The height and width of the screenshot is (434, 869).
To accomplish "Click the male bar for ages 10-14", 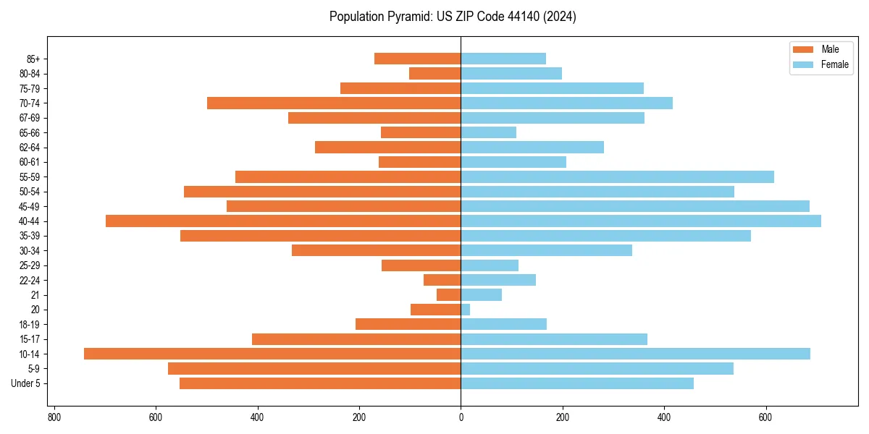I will click(272, 354).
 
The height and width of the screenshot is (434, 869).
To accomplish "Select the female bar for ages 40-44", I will click(641, 221).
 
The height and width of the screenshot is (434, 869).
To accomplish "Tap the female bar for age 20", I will click(466, 310).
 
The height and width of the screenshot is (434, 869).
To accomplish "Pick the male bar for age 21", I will click(449, 294).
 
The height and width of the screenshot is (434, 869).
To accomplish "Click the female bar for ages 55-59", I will click(617, 176).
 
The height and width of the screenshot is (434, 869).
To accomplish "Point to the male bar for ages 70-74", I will click(334, 103).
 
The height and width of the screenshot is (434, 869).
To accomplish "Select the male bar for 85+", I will click(418, 59).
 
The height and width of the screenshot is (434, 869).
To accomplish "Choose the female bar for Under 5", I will click(577, 383).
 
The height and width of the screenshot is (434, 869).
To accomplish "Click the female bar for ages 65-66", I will click(489, 132).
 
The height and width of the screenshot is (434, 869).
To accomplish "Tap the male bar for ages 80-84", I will click(435, 73).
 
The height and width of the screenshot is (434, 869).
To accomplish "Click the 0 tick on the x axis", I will click(461, 417).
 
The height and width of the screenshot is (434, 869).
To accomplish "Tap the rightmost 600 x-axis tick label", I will click(765, 417).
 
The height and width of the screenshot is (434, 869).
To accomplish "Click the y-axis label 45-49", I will click(30, 206).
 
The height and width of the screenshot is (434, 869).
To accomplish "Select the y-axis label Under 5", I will click(26, 383).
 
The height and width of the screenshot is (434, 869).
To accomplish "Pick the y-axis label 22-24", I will click(30, 280).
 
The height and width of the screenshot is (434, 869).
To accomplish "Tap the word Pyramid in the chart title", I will click(408, 17).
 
